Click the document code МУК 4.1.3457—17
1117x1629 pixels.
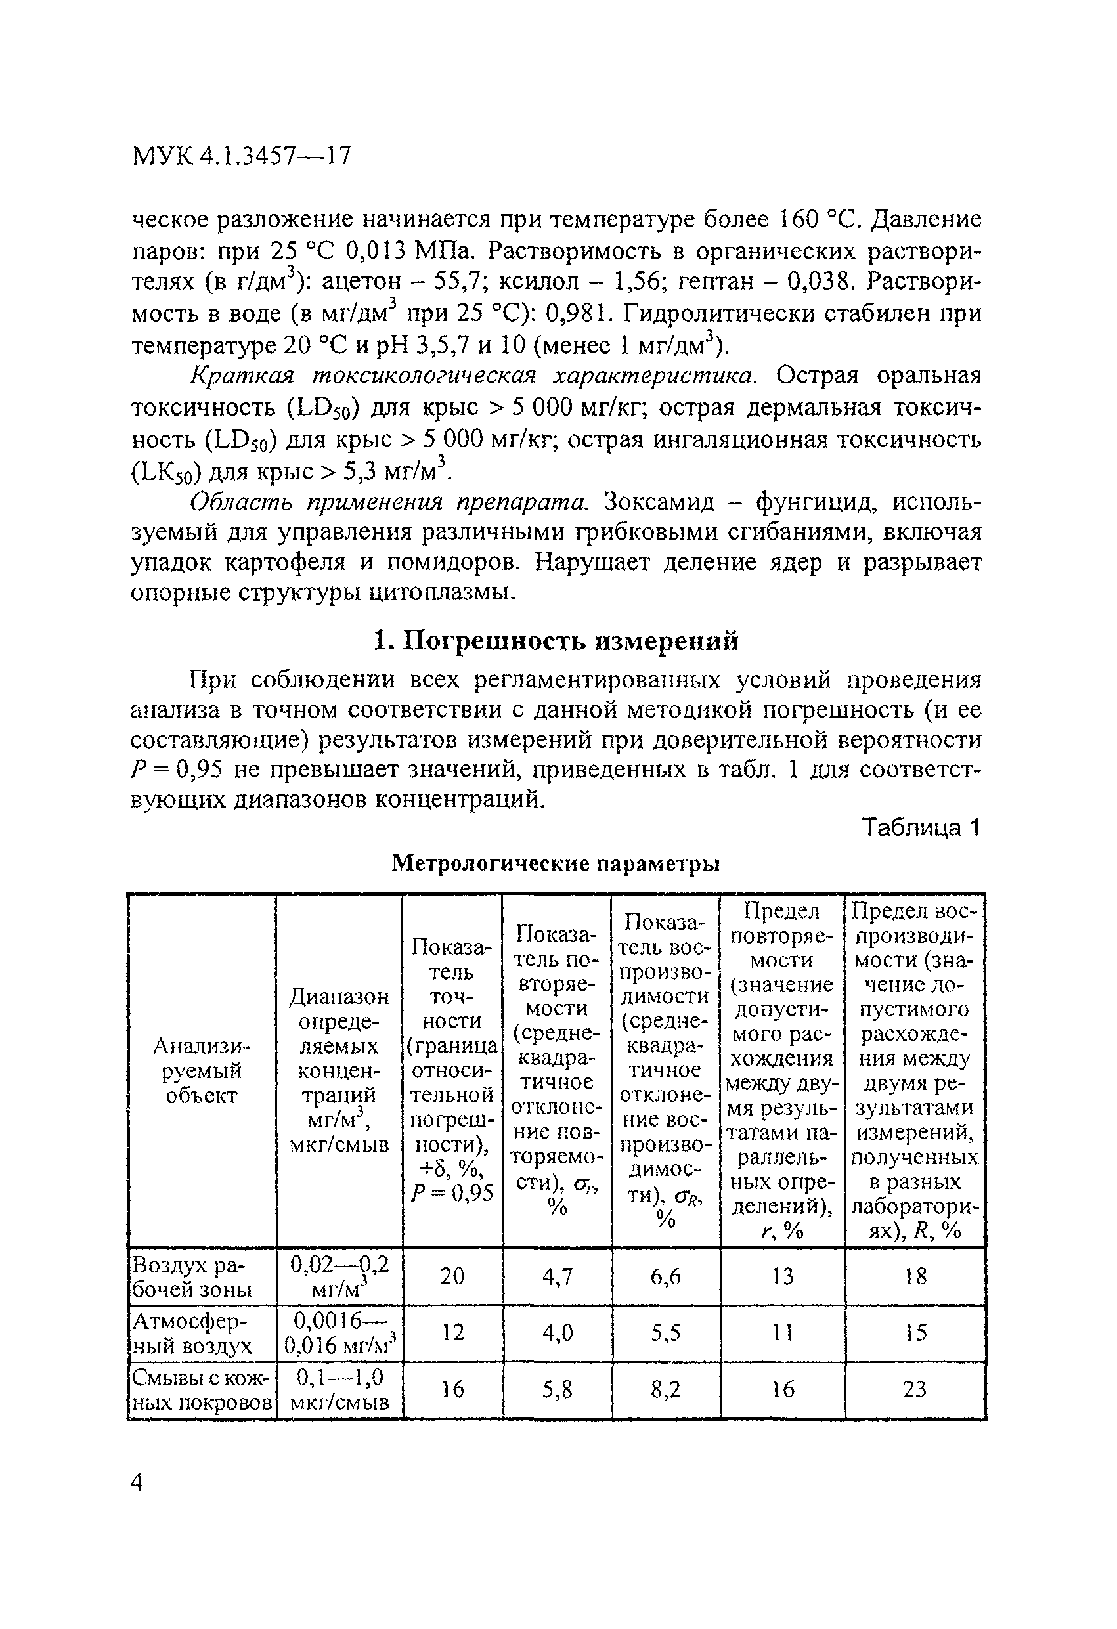pos(240,156)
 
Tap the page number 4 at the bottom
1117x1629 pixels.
pos(137,1483)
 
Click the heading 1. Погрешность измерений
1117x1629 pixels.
pos(556,641)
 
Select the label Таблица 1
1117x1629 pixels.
pos(920,828)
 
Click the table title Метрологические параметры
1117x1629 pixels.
pos(556,863)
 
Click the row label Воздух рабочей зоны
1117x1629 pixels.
pos(193,1277)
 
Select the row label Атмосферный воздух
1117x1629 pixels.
pos(193,1333)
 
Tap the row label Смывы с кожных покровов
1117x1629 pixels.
pos(201,1390)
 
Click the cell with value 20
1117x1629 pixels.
pos(452,1276)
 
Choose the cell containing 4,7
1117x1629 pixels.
pos(557,1276)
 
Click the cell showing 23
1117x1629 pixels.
pos(914,1389)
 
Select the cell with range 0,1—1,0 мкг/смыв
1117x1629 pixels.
pos(339,1390)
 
